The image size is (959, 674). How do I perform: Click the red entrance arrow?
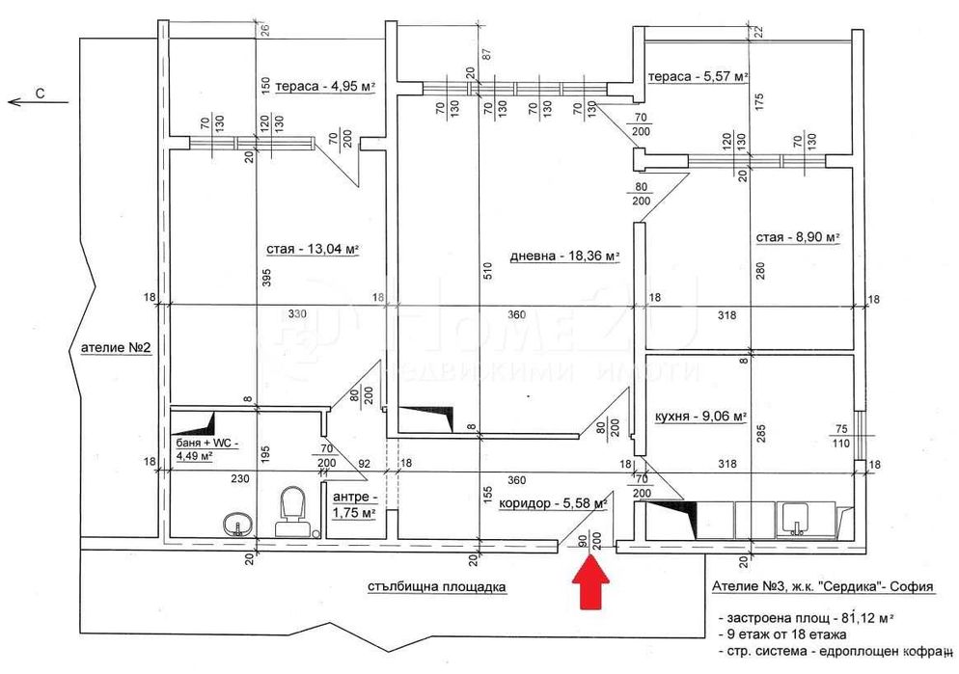[590, 582]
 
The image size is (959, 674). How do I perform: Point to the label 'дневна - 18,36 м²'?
[562, 256]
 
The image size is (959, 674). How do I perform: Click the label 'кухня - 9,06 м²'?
[699, 417]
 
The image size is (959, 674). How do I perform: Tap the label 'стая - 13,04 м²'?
[312, 250]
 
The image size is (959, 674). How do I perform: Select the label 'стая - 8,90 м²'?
[797, 237]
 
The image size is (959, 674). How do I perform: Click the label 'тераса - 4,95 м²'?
[324, 87]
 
